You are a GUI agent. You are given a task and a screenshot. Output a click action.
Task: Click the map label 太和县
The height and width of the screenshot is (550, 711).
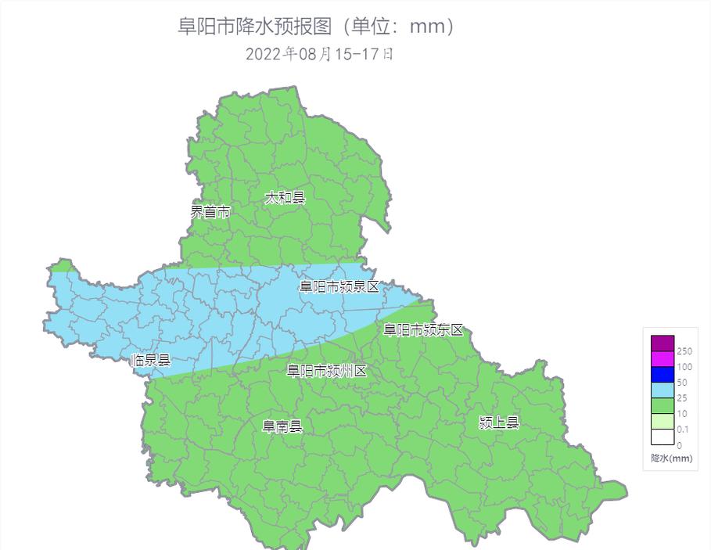coord(284,198)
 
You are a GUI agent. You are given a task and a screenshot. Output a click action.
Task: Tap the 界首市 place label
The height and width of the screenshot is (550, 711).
coord(210,211)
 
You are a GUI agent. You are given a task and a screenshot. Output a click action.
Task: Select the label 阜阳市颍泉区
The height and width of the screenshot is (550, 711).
coord(339,287)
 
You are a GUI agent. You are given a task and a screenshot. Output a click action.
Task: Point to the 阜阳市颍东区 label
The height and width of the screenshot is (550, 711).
coord(423,330)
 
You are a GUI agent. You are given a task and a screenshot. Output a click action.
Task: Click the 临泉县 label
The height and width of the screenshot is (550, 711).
coord(150,361)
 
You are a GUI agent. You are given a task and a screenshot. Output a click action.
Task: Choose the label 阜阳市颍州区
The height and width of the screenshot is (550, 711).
coord(326,371)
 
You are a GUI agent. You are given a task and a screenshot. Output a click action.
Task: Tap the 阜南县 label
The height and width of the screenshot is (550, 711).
coord(282,426)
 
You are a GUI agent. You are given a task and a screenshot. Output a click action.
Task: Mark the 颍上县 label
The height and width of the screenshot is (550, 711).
coord(499,423)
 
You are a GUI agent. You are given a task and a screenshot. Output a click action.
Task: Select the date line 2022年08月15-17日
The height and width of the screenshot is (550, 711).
coord(319,54)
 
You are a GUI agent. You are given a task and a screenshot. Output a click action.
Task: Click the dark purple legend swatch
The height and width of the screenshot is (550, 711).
coord(662,343)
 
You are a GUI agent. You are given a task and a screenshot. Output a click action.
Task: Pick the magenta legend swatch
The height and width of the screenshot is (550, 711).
coord(662,359)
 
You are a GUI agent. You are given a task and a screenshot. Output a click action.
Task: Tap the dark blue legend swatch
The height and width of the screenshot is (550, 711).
coord(662,375)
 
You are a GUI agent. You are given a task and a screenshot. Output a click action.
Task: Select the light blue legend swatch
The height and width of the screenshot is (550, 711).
coord(662,390)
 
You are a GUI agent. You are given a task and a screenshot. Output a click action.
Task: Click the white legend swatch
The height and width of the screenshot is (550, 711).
coord(662,437)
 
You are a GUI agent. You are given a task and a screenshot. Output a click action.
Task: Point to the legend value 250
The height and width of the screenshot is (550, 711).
coord(684,352)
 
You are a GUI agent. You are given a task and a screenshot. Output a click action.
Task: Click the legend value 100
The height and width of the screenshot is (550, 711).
coord(684,368)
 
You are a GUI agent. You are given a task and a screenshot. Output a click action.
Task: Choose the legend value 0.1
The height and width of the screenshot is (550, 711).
coord(683,430)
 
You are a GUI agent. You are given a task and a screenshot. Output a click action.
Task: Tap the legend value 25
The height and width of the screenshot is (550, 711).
coord(682,399)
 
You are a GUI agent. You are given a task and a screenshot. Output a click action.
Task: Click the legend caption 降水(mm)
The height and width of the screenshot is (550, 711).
coord(672,458)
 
